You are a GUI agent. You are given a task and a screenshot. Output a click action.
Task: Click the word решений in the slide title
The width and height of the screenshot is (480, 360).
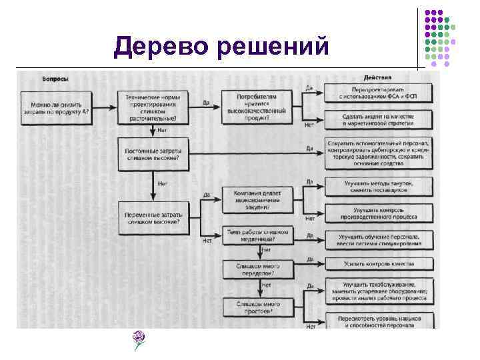[x=273, y=48]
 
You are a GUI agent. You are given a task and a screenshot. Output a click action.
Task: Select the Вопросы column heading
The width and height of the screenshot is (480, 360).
[x=55, y=79]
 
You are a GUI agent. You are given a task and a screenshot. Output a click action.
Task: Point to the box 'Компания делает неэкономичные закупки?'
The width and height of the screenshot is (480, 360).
[x=257, y=199]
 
